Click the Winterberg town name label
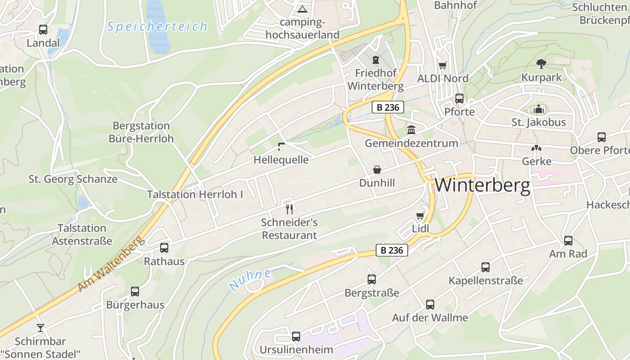point(482,185)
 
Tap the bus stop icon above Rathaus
point(164,247)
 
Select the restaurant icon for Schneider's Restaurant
point(289,209)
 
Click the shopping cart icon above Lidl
point(420,216)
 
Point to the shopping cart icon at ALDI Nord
point(443,65)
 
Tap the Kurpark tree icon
point(541,64)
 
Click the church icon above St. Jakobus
point(538,109)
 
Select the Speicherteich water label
point(157,27)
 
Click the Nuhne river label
point(250,279)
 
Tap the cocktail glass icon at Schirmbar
point(40,328)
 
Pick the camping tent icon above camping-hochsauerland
point(302,9)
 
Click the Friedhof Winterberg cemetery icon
point(376,60)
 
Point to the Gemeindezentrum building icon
point(411,130)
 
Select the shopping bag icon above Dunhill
point(377,170)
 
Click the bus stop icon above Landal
point(43,30)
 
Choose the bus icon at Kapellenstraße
point(486,267)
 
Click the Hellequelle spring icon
point(281,146)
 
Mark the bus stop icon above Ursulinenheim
point(296,336)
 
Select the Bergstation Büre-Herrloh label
point(141,132)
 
